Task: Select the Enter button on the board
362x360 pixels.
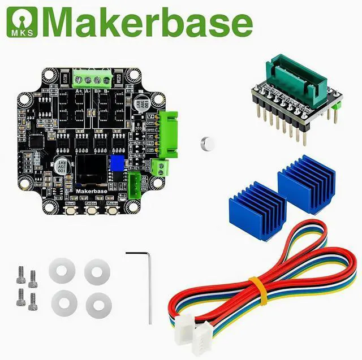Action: click(92, 210)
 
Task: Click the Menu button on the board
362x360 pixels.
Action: click(112, 210)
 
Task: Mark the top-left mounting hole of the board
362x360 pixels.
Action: click(49, 74)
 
